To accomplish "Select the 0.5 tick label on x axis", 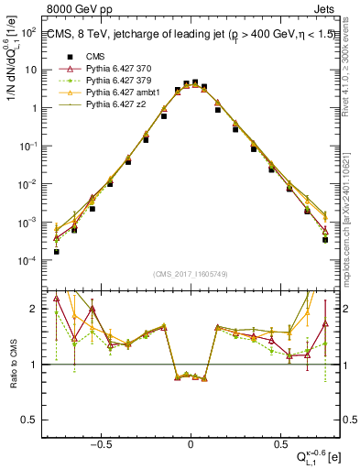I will coord(277,442).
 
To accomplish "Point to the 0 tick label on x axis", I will coord(191,442).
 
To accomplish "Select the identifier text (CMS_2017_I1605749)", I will coord(191,274).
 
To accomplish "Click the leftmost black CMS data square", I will coord(57,251).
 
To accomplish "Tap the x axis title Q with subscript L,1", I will coord(316,455).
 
